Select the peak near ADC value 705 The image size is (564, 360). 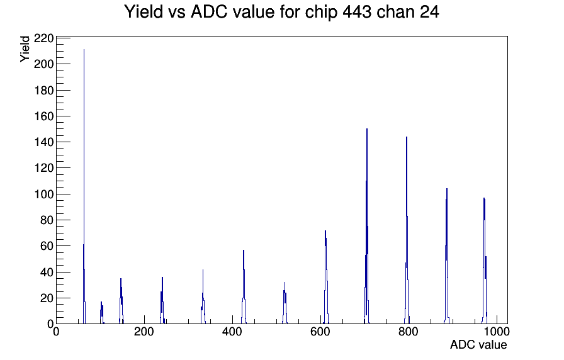click(366, 227)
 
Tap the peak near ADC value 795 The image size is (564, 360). click(407, 230)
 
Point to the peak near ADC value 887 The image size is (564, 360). click(447, 256)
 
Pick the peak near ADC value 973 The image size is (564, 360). click(485, 261)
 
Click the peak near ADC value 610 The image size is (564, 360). click(325, 277)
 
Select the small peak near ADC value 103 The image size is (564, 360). click(102, 313)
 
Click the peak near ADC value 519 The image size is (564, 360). click(285, 303)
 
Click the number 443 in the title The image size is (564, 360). click(357, 12)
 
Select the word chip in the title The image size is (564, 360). click(321, 13)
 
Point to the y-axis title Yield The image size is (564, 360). click(25, 49)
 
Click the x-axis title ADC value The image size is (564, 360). click(478, 344)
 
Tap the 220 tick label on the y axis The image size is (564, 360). click(43, 38)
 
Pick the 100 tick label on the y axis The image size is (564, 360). click(43, 194)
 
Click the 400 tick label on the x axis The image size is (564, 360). click(232, 331)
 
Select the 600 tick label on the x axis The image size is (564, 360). click(320, 331)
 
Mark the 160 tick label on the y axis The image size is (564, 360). click(43, 116)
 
